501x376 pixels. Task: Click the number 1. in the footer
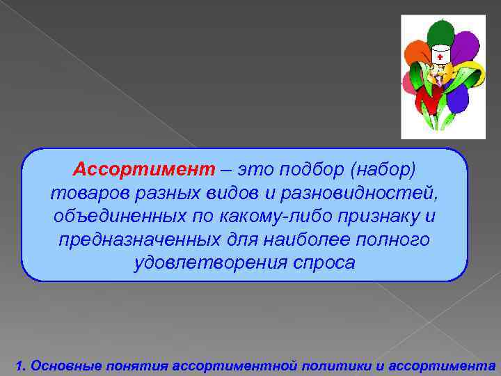(20, 365)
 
